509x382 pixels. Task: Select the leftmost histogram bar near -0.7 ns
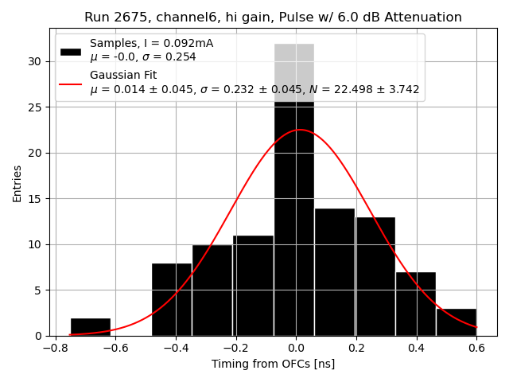click(90, 326)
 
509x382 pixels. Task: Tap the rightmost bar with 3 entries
click(456, 322)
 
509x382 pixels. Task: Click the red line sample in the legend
click(70, 83)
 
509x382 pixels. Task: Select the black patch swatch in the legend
click(70, 50)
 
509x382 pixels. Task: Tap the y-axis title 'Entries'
click(17, 184)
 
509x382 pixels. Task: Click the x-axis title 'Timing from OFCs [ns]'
click(273, 364)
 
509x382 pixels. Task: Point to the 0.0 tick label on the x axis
click(296, 348)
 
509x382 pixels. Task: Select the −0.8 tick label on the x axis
click(55, 348)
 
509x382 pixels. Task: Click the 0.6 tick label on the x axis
click(476, 348)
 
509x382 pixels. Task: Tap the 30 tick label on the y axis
click(36, 61)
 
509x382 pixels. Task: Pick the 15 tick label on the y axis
click(36, 199)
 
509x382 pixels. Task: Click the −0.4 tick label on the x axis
click(175, 348)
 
